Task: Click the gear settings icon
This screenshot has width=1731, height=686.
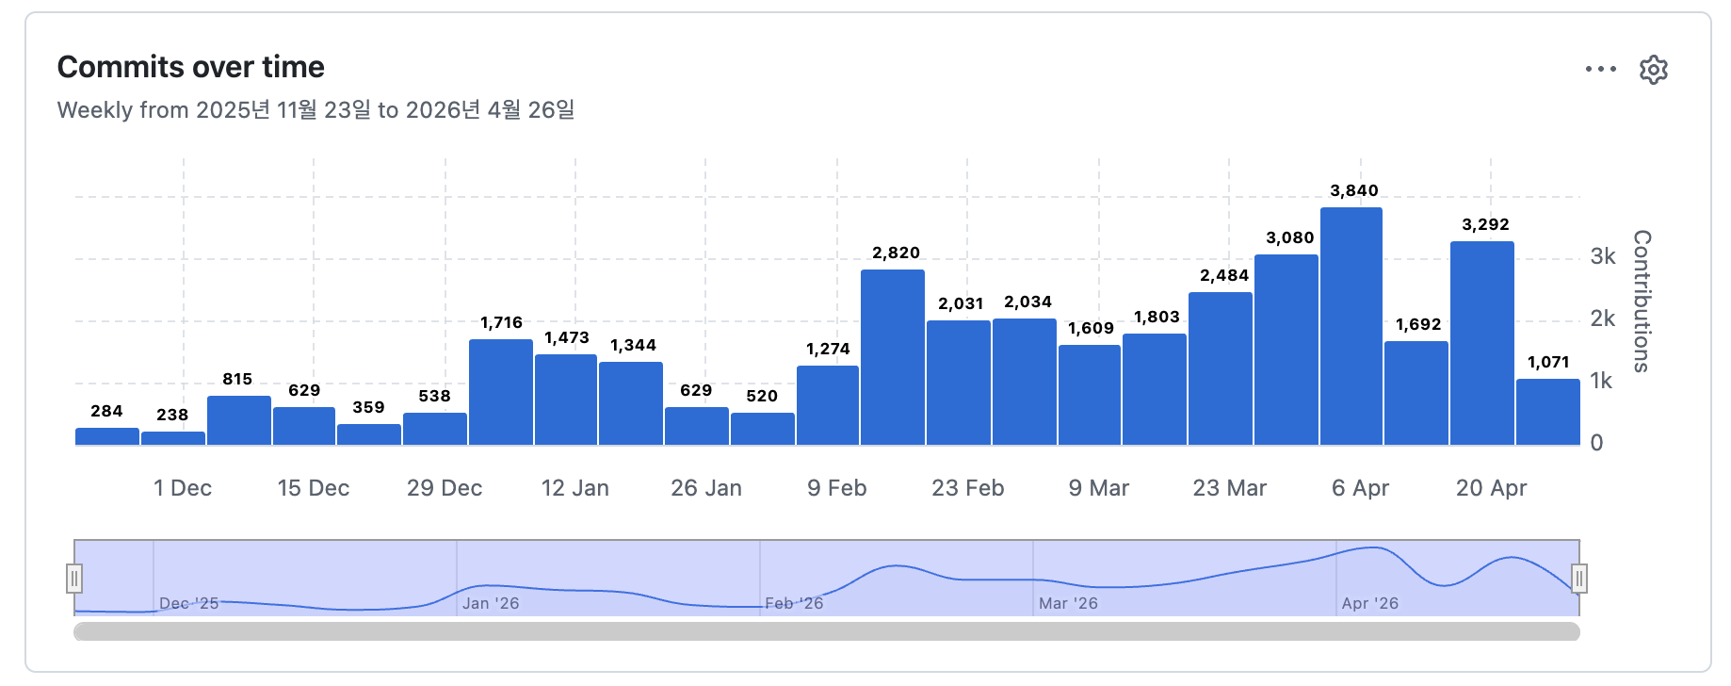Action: pyautogui.click(x=1654, y=70)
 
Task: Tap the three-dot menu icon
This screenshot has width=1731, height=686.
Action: pyautogui.click(x=1600, y=70)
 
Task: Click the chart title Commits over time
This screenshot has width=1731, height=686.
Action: pyautogui.click(x=191, y=67)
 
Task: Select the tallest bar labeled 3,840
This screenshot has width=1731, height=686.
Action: pyautogui.click(x=1351, y=326)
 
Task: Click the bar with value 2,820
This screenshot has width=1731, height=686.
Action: pyautogui.click(x=892, y=358)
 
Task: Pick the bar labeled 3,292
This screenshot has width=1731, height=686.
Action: pyautogui.click(x=1482, y=343)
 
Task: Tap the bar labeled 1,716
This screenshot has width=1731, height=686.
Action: pyautogui.click(x=501, y=392)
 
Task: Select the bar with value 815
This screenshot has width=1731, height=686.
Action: pyautogui.click(x=239, y=420)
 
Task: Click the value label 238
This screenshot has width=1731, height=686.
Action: pyautogui.click(x=172, y=415)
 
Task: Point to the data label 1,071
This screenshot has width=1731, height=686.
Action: pyautogui.click(x=1548, y=362)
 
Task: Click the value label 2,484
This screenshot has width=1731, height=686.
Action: pyautogui.click(x=1224, y=275)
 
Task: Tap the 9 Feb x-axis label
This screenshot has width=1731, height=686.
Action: pyautogui.click(x=836, y=488)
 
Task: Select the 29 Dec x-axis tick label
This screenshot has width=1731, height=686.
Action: pyautogui.click(x=445, y=488)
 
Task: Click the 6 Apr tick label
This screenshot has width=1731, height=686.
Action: pyautogui.click(x=1360, y=488)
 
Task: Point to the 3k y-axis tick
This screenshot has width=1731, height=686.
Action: pyautogui.click(x=1602, y=256)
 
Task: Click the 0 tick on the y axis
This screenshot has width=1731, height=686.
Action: pyautogui.click(x=1596, y=443)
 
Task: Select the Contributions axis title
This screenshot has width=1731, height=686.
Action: pyautogui.click(x=1642, y=302)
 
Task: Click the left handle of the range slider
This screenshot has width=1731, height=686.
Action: pyautogui.click(x=74, y=578)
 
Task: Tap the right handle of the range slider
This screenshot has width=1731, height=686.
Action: pyautogui.click(x=1579, y=578)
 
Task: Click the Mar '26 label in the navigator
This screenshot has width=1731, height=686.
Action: pyautogui.click(x=1068, y=603)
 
